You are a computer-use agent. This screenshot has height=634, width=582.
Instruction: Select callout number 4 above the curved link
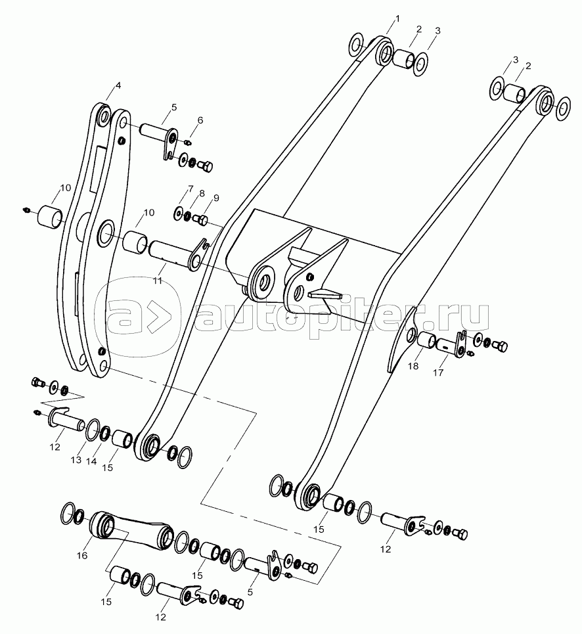coord(118,85)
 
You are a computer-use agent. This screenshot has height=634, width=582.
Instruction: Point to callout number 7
coord(190,190)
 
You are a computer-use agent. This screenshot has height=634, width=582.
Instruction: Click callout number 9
coord(216,198)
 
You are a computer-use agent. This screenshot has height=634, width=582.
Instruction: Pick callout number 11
coord(156,281)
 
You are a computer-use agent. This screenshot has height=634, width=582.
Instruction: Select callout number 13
coord(76,460)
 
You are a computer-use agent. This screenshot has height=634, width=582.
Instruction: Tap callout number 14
coord(91,462)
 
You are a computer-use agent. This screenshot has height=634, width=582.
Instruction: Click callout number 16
coord(82,556)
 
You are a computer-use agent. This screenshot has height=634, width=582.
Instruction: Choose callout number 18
coord(413,367)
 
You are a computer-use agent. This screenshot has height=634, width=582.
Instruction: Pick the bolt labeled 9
coord(203,220)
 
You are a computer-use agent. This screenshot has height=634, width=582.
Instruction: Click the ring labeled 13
coord(92,428)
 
